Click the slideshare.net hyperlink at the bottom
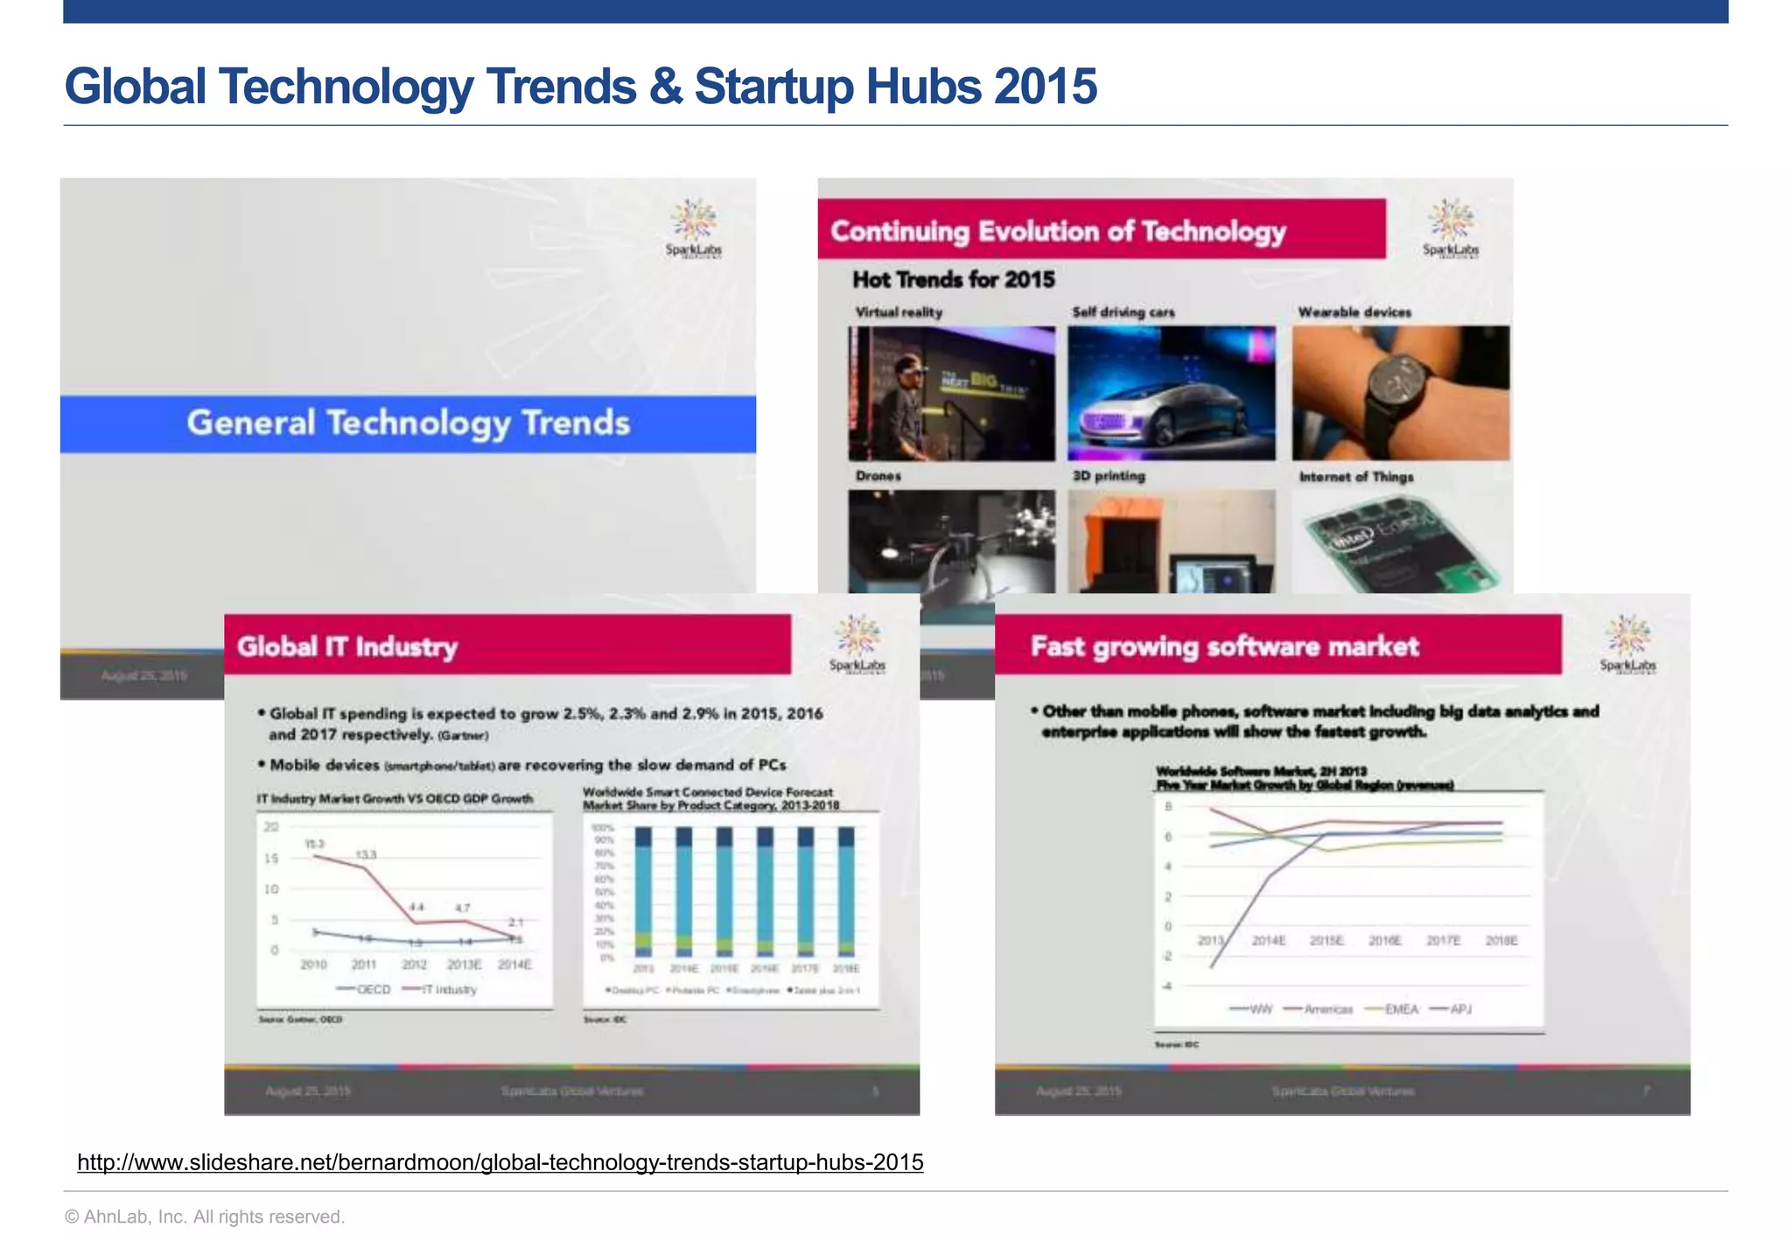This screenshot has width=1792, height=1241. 500,1162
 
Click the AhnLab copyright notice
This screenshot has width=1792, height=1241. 205,1216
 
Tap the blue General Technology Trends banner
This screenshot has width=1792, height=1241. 408,424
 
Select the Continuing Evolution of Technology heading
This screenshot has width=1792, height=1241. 1057,231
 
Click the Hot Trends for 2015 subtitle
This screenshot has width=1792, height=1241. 953,279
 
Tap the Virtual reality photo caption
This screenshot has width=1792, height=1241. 898,312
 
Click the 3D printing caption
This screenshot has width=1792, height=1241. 1108,476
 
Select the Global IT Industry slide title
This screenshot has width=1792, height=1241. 346,647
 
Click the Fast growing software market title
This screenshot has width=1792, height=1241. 1223,647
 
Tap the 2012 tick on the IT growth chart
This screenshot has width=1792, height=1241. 414,964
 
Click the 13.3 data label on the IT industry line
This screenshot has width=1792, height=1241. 366,854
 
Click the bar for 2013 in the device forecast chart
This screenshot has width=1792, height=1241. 643,893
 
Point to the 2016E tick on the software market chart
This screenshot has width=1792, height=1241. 1384,941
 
